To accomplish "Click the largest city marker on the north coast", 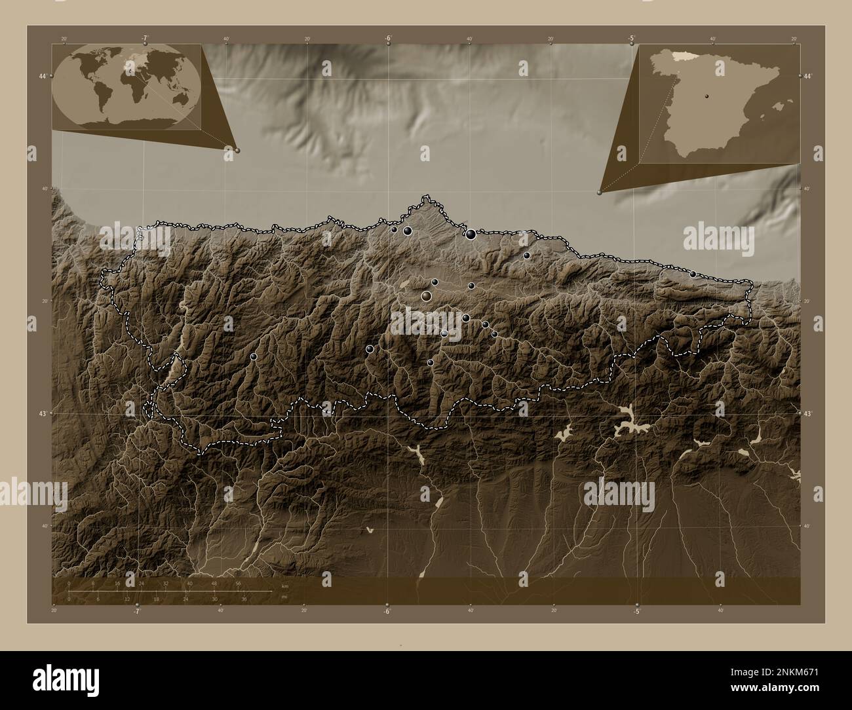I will [x=471, y=234].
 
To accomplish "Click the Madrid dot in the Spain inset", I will [x=707, y=96].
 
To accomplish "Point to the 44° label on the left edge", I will [x=43, y=77].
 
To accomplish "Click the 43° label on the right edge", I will [x=809, y=413].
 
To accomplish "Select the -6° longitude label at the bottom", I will [x=387, y=612].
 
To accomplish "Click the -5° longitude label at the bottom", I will [x=636, y=612].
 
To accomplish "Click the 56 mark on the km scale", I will [x=239, y=583].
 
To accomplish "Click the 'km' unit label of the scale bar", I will [x=284, y=586].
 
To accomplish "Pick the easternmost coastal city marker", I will [x=693, y=274].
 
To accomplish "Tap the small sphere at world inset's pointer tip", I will [x=237, y=150].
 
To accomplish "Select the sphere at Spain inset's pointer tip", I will [x=600, y=192].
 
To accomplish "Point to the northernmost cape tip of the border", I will [x=427, y=195].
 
